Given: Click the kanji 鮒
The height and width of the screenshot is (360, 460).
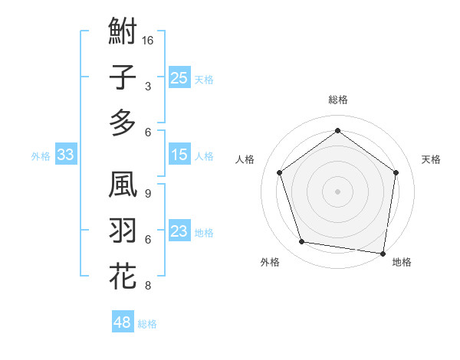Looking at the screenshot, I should coord(123,32).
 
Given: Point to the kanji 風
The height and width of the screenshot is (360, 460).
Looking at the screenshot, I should coord(123,186).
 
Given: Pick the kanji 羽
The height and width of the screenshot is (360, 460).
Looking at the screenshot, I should coord(123,231).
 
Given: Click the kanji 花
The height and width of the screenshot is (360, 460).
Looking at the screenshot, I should coord(123,277).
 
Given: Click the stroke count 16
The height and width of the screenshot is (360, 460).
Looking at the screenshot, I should coord(148,40).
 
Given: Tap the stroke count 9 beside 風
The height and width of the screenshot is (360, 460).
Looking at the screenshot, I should coord(147,194).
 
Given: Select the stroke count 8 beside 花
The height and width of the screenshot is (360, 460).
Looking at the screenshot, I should coord(147,286).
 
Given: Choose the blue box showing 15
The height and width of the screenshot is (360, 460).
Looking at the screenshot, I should coord(179,155).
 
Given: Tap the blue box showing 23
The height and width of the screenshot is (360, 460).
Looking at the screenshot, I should coord(179,231).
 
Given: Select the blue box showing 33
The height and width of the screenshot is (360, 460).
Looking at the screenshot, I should coord(65,155).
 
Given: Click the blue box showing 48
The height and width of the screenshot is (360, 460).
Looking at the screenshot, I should coord(122,322).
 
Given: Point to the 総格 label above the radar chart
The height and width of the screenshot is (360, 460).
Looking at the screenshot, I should coord(337,100).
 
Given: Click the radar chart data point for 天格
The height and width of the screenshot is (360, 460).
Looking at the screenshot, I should coord(396,172).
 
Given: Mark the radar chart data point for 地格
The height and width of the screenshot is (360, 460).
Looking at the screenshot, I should coord(383,253).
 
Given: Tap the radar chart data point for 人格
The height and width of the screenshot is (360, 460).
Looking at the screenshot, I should coord(279,172).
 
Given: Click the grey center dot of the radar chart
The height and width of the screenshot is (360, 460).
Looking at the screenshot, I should coord(337,191).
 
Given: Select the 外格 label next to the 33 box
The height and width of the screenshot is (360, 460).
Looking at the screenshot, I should coord(41,155).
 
